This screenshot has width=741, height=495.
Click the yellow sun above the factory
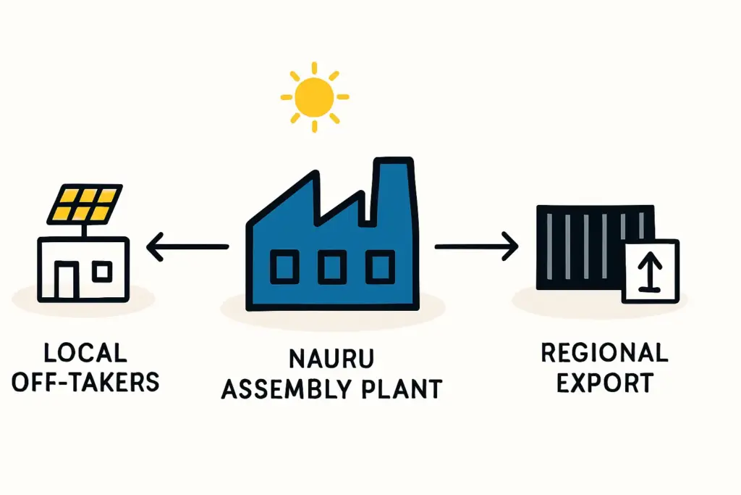(x=314, y=97)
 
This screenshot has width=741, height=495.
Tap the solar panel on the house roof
(x=85, y=204)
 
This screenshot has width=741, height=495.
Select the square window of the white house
(x=102, y=272)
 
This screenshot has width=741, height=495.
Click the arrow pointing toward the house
(x=187, y=246)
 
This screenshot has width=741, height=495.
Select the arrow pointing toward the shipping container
(x=476, y=246)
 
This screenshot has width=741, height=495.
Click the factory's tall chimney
(x=394, y=189)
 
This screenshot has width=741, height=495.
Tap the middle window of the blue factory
(x=332, y=267)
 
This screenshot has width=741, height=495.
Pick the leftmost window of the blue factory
(x=284, y=267)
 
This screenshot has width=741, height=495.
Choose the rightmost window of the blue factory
(x=381, y=267)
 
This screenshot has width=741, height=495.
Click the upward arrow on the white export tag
(x=651, y=270)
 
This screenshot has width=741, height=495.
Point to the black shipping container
(x=596, y=248)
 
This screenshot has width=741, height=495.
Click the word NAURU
(x=331, y=359)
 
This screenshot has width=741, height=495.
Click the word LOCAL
(x=85, y=353)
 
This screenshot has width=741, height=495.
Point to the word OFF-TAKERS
(x=85, y=382)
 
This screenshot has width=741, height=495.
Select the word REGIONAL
(x=604, y=353)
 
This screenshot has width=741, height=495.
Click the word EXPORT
(x=605, y=383)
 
